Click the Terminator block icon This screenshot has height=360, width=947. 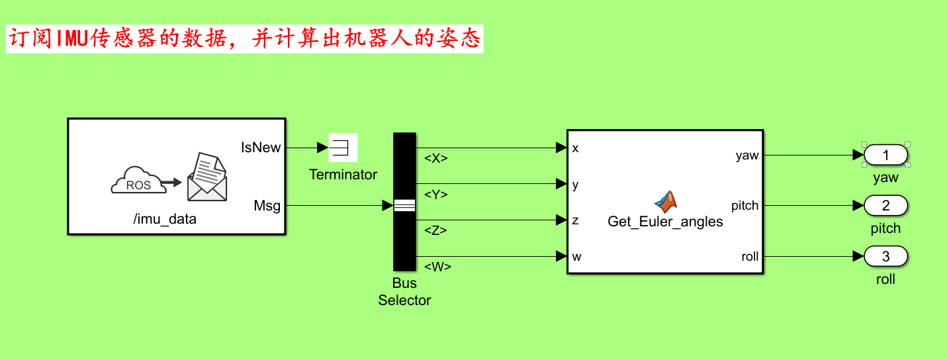click(343, 147)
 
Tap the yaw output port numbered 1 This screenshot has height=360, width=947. click(885, 155)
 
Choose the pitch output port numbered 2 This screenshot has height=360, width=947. click(885, 206)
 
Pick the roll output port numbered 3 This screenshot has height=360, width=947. click(885, 257)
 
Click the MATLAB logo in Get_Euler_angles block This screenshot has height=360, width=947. click(666, 201)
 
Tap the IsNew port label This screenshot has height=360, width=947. click(261, 148)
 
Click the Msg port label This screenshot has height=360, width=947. click(267, 206)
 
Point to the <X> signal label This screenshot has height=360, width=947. click(435, 159)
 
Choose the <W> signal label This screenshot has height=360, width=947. click(437, 267)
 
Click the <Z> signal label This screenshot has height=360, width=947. click(435, 231)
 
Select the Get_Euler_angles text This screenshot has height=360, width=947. click(665, 222)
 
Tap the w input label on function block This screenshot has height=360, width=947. click(576, 257)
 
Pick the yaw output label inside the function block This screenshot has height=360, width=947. click(747, 156)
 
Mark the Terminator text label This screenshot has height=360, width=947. click(343, 175)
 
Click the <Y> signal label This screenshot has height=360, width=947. click(435, 195)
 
